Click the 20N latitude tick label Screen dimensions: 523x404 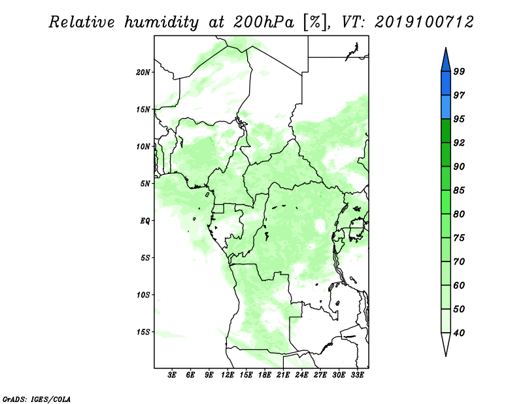pos(143,73)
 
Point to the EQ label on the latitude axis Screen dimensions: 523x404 pos(144,221)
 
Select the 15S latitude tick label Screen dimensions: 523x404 pos(143,332)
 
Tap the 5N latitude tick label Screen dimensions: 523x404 pos(144,184)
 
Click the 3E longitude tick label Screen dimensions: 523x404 pos(172,375)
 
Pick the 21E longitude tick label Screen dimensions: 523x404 pos(283,375)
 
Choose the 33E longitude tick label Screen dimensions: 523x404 pos(357,375)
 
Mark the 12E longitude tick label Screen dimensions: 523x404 pos(227,375)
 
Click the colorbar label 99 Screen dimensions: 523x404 pos(459,71)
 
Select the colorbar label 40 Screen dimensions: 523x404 pos(459,333)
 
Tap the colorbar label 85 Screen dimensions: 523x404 pos(459,190)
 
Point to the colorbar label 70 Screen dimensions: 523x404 pos(459,261)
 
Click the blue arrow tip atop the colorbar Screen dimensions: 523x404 pos(446,48)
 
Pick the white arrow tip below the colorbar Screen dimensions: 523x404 pos(446,356)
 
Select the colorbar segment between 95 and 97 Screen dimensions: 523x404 pos(446,107)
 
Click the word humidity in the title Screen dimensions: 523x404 pos(161,22)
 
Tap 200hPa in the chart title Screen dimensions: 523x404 pos(263,22)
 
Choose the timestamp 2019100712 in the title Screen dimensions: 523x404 pos(424,22)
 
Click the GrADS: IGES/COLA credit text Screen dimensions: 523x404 pos(37,399)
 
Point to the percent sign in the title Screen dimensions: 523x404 pos(315,22)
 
